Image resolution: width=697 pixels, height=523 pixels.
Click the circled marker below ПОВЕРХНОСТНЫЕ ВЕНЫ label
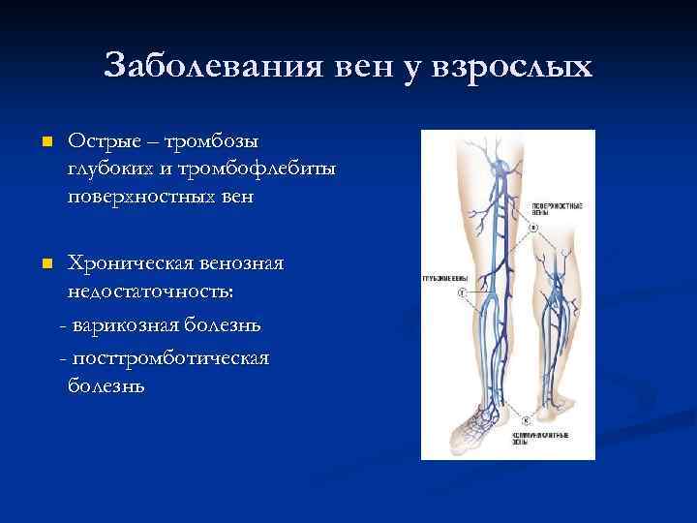(531, 228)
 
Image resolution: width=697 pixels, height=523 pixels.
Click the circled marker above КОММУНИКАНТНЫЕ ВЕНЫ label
(525, 419)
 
